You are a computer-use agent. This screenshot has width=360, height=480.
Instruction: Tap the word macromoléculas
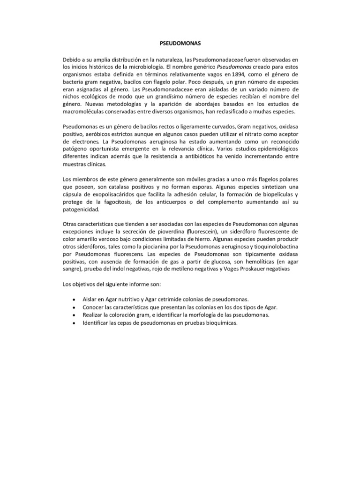85,112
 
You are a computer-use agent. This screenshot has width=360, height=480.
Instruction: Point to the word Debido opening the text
72,60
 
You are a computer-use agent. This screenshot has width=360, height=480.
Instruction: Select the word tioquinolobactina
268,247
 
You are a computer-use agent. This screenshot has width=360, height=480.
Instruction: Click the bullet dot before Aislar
75,300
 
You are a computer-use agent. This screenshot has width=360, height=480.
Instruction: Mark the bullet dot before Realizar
75,315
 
